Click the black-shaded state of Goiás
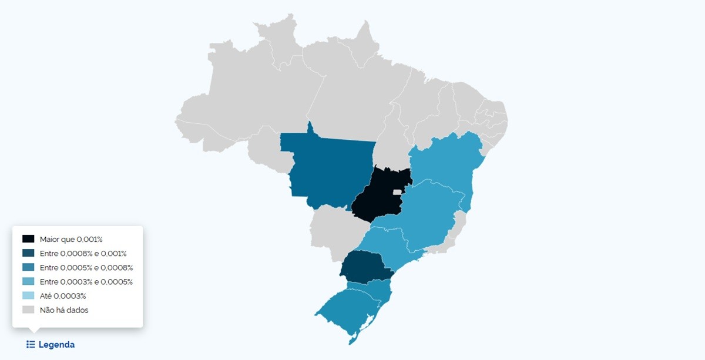pos(376,197)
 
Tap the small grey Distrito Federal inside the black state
pos(397,192)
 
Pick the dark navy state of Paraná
pos(364,267)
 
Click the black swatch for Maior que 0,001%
pos(28,239)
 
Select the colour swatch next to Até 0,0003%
pos(28,295)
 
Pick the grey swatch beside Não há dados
pos(28,309)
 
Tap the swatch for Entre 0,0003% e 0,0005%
pos(28,281)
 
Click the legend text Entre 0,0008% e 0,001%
pos(83,253)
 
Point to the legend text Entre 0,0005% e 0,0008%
pos(86,267)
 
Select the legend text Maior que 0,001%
pos(71,239)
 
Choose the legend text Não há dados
pos(64,309)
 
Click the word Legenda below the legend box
pos(56,345)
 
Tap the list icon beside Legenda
pos(31,345)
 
